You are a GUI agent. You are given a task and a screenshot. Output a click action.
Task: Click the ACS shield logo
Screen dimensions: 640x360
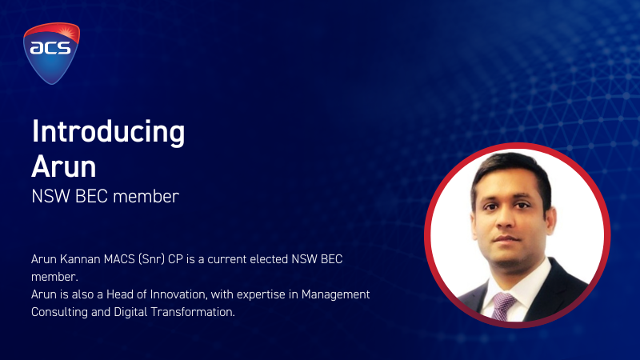(51, 54)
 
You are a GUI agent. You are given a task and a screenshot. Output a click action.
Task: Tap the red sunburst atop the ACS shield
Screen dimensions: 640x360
(66, 32)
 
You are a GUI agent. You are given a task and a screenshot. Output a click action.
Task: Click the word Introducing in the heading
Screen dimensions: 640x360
(108, 132)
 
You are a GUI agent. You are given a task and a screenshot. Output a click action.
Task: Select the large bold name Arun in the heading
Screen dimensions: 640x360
(64, 166)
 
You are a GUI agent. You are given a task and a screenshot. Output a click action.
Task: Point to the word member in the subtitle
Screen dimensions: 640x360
(146, 197)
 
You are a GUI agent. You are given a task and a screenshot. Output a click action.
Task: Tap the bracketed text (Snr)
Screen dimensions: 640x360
(151, 259)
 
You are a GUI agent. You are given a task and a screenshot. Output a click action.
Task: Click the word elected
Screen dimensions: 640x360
(269, 259)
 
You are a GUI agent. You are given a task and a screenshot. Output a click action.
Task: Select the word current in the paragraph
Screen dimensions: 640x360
(226, 259)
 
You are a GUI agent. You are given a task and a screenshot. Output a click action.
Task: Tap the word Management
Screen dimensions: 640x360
(335, 294)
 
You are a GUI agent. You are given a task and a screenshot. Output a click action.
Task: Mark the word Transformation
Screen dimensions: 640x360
(193, 312)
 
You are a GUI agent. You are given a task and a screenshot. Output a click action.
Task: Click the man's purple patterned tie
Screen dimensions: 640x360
(502, 306)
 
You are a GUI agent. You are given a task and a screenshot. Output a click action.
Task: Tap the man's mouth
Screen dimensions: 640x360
(506, 238)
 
